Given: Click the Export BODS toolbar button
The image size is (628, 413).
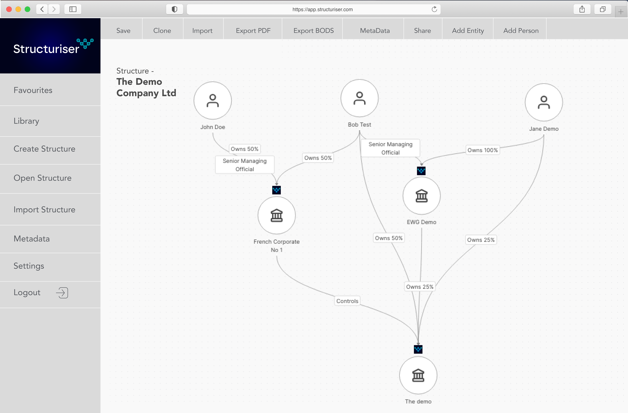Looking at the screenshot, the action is click(x=313, y=31).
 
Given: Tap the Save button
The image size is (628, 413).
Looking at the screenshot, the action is click(x=123, y=31).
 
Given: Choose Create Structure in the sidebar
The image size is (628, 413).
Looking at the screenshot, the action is click(x=44, y=149).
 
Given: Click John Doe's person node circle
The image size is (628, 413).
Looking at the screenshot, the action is click(x=213, y=101).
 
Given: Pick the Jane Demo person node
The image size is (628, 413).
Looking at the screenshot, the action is click(x=544, y=102).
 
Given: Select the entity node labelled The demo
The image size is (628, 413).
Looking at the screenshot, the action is click(x=418, y=375).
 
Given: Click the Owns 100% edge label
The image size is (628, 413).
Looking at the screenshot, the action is click(x=483, y=150).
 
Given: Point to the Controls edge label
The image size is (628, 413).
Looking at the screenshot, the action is click(x=347, y=301).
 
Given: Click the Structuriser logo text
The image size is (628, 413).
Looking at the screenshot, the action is click(x=46, y=49).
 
